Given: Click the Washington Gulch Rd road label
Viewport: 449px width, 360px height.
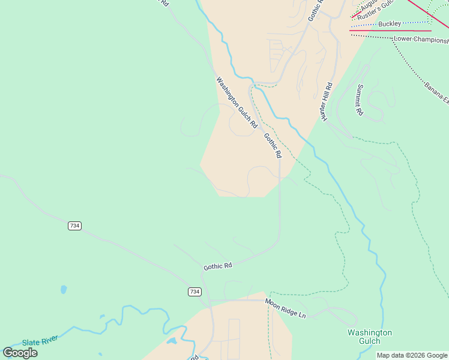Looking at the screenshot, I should (x=237, y=103).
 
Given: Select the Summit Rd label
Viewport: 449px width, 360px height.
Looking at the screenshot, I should (x=359, y=100).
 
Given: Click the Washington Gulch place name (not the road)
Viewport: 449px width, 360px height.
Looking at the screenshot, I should (x=370, y=337).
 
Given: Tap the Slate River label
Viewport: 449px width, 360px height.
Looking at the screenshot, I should (x=40, y=341).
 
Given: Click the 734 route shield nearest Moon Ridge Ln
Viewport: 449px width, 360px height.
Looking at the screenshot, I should (x=194, y=292).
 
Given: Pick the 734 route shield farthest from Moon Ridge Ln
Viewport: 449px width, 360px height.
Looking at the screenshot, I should (x=74, y=226).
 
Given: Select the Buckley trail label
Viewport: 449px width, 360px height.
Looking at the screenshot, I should (x=390, y=24).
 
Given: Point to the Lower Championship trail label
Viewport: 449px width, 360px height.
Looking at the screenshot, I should (x=421, y=40).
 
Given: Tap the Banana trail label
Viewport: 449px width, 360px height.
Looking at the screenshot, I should (x=436, y=90).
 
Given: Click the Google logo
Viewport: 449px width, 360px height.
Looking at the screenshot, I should (x=20, y=353).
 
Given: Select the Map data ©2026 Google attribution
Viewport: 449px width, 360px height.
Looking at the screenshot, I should (x=412, y=355).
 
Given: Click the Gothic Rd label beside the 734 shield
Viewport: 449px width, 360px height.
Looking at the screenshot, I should (x=218, y=266).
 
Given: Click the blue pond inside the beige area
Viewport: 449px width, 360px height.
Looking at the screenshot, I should (x=172, y=341).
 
